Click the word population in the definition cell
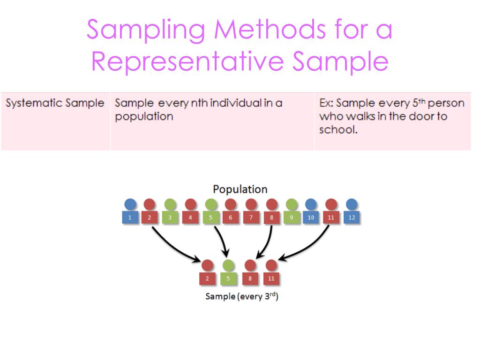[144, 116]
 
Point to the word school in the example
[337, 129]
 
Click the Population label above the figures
[240, 189]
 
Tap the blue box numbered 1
[130, 217]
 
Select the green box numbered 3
[170, 217]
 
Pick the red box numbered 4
[190, 217]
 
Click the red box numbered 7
[251, 217]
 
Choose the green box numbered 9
[291, 217]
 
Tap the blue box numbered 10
[311, 217]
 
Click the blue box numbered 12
[352, 217]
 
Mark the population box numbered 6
[231, 217]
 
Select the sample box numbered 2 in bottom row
[207, 278]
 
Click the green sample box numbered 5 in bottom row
[227, 278]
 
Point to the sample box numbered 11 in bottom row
[271, 278]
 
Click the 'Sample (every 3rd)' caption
[242, 296]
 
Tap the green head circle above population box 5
[211, 204]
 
